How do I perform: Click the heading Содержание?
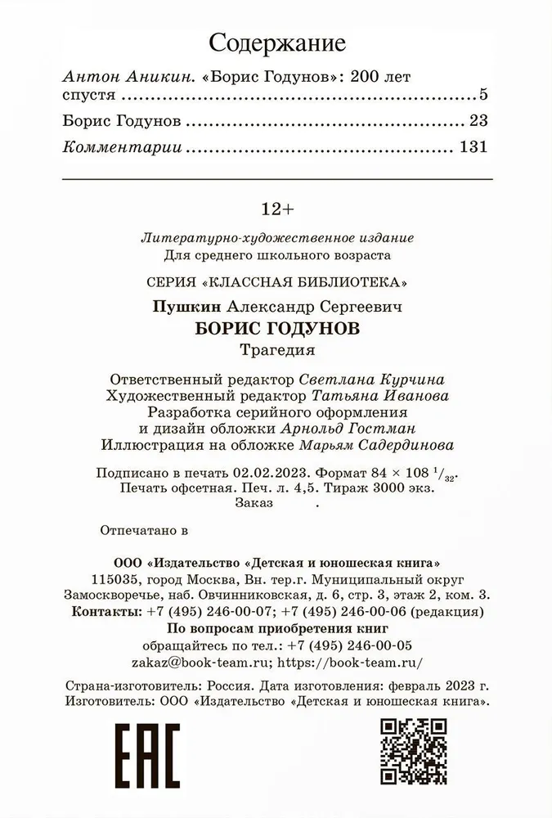point(277,43)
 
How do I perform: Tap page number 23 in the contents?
point(478,121)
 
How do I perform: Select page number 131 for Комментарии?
point(473,148)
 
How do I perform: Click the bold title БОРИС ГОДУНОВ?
point(277,329)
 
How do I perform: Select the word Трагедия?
point(277,351)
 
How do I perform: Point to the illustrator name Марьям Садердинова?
point(388,444)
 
